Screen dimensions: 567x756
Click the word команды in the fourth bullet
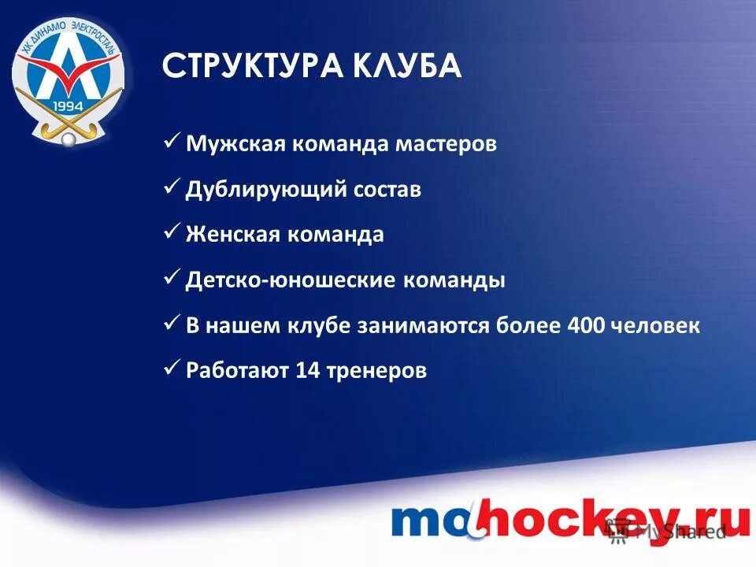click(x=456, y=280)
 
